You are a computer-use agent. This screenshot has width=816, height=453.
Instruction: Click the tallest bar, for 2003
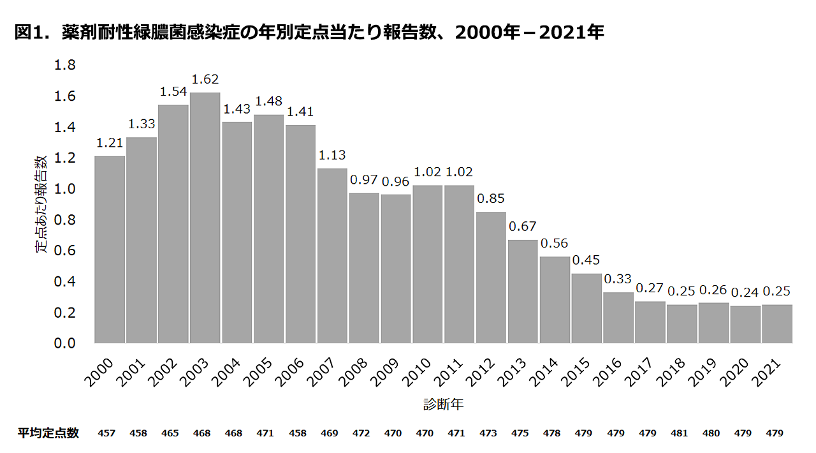pyautogui.click(x=205, y=218)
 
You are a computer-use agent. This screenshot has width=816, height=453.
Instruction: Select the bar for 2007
pyautogui.click(x=332, y=255)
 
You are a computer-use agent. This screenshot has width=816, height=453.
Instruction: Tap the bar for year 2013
pyautogui.click(x=523, y=291)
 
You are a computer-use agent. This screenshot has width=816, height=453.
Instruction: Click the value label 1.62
pyautogui.click(x=205, y=80)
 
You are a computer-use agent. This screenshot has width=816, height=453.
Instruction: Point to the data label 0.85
pyautogui.click(x=491, y=199)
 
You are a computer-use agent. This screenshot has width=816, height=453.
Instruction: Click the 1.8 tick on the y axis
pyautogui.click(x=65, y=65)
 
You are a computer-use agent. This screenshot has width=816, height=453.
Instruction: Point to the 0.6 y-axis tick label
pyautogui.click(x=65, y=251)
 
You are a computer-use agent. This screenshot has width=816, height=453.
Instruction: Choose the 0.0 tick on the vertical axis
pyautogui.click(x=65, y=343)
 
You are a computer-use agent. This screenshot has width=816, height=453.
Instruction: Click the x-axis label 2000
pyautogui.click(x=99, y=371)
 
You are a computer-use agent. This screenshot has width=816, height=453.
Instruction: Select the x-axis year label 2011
pyautogui.click(x=449, y=371)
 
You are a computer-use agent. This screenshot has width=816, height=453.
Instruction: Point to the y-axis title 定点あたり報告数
pyautogui.click(x=41, y=204)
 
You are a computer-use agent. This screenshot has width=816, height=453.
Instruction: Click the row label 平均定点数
pyautogui.click(x=48, y=433)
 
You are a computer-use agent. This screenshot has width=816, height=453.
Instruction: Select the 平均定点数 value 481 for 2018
pyautogui.click(x=680, y=434)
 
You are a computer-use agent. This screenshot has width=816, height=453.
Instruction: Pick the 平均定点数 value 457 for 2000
pyautogui.click(x=106, y=434)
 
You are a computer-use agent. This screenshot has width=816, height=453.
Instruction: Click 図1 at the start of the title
pyautogui.click(x=29, y=33)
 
